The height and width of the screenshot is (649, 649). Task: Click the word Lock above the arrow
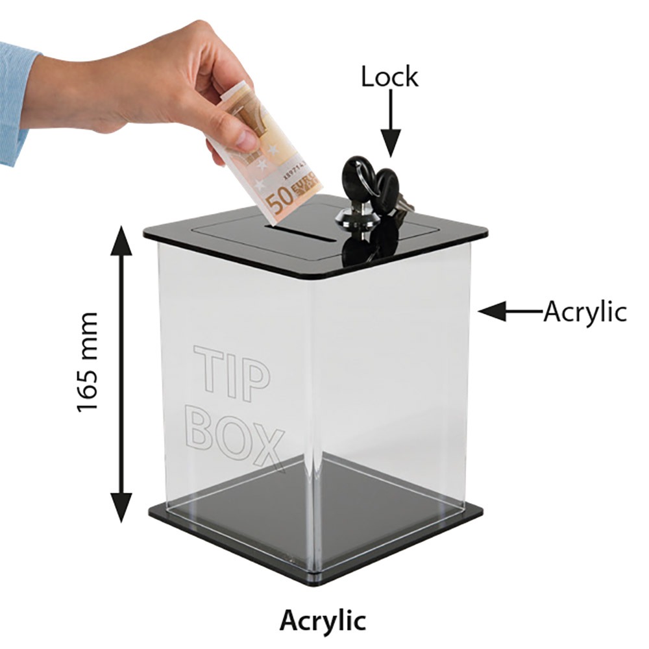tap(389, 77)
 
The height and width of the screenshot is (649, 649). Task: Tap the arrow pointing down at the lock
tap(390, 123)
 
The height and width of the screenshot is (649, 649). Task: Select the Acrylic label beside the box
tap(585, 312)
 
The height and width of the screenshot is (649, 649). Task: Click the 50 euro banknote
tap(273, 162)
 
